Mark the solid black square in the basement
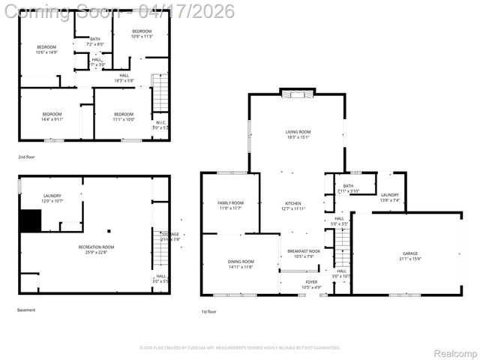click(30, 221)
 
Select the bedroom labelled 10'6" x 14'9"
click(46, 49)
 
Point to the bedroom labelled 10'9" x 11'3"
click(142, 34)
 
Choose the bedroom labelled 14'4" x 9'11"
click(52, 116)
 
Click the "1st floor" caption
click(209, 311)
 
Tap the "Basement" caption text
click(26, 310)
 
